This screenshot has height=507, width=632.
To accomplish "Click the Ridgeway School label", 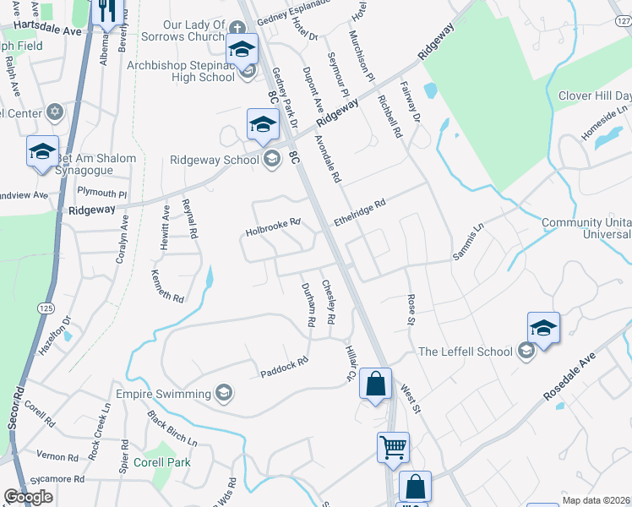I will tap(214, 159).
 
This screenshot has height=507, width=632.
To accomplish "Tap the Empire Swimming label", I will tap(175, 395).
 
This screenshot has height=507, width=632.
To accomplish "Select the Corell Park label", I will tap(161, 462).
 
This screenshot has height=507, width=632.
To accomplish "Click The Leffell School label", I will tap(466, 352).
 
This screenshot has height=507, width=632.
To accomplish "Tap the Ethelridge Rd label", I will tap(359, 210).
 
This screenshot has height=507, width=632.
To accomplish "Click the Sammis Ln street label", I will tap(467, 241).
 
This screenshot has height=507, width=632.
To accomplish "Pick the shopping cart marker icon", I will tap(393, 447).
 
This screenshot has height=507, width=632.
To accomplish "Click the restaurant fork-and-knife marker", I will tap(107, 12).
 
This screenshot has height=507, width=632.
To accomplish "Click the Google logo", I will tap(28, 497).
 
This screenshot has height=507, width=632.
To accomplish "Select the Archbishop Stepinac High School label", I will tap(180, 71).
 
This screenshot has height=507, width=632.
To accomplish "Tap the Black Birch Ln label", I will tap(172, 428).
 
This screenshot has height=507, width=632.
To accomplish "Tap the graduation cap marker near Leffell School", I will tap(543, 329).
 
